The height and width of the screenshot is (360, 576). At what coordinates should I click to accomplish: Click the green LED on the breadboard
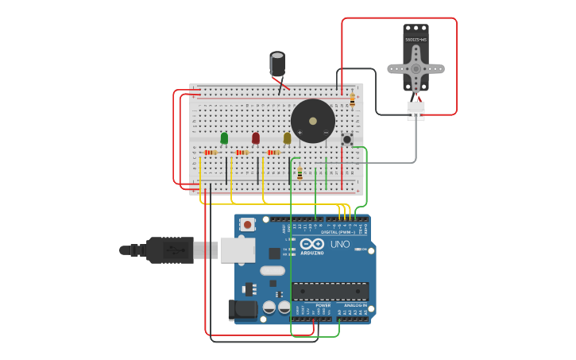coord(224,138)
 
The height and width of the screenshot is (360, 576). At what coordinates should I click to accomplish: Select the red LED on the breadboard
coord(256,138)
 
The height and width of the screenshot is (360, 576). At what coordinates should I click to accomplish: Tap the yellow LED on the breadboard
coord(287,138)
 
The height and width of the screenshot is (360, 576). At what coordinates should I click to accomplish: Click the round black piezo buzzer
coord(312,121)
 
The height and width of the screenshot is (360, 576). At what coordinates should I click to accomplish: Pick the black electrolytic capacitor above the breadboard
coord(277,64)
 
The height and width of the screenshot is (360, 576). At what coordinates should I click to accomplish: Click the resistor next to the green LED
coord(211,153)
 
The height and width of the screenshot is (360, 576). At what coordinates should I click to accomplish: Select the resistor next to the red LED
coord(242,153)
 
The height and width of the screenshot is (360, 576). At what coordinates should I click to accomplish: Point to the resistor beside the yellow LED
coord(273,153)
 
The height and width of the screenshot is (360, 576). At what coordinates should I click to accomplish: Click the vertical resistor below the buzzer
coord(300,173)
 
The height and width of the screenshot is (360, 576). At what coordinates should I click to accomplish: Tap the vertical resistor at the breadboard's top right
coord(352,100)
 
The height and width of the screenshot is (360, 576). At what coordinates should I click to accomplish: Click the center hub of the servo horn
coord(416,69)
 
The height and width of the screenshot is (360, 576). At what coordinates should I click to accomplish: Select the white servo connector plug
coord(416,110)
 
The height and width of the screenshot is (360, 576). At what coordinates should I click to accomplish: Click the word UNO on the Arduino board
coord(340,244)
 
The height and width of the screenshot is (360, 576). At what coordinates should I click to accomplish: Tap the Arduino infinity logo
coord(312,244)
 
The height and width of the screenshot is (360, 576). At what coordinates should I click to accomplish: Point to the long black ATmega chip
coord(330,291)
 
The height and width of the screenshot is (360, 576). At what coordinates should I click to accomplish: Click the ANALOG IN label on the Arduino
coord(355,305)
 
